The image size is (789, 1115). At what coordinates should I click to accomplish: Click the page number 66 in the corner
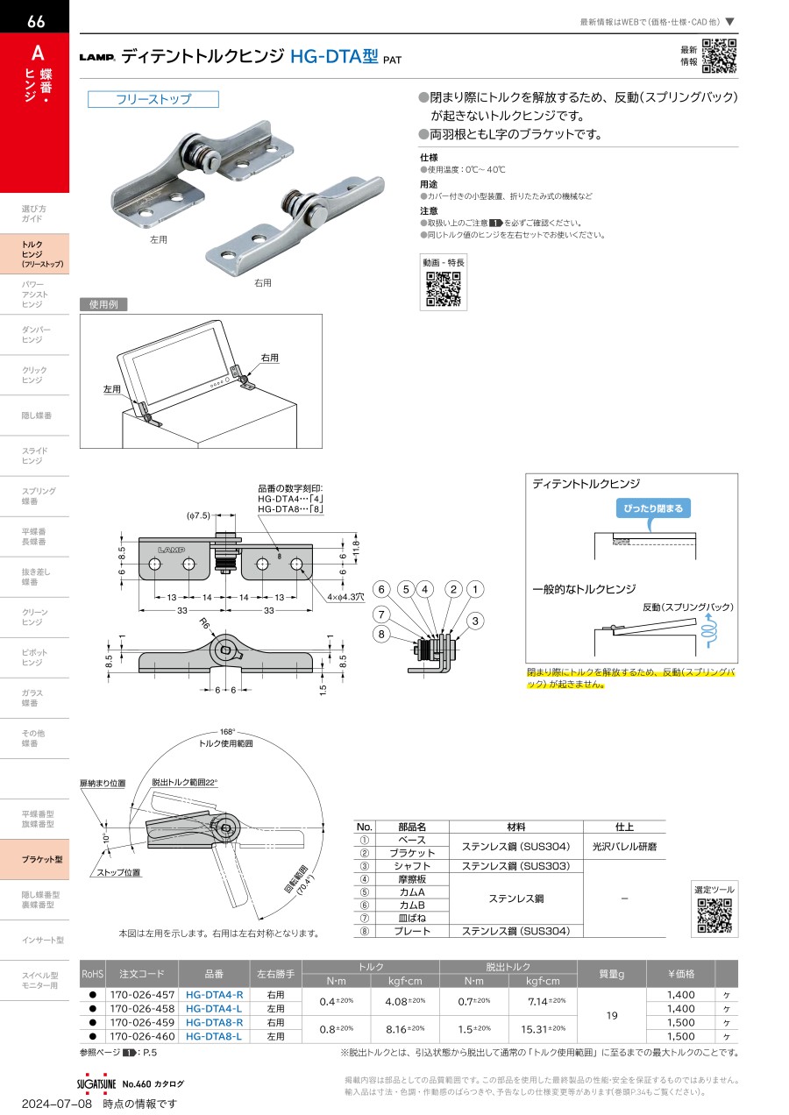(x=36, y=22)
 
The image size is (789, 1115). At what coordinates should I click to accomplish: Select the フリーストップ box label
(x=153, y=99)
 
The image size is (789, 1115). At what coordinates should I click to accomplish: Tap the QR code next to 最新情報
(x=719, y=56)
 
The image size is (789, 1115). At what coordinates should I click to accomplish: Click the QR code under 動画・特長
(x=444, y=290)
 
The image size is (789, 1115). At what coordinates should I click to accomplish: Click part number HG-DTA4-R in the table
(x=215, y=995)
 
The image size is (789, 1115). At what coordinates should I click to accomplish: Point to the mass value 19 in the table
(x=612, y=1015)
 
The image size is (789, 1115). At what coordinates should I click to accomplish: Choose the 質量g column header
(x=612, y=974)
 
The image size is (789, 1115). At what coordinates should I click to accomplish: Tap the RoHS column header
(x=92, y=974)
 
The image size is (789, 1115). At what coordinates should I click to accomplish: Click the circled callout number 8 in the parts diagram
(x=381, y=634)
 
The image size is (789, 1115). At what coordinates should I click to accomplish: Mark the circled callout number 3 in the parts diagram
(x=475, y=621)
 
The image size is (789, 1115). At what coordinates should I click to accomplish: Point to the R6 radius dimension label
(x=204, y=622)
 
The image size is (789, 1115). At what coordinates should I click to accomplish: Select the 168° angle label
(x=226, y=731)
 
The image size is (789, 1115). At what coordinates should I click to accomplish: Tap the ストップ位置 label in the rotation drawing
(x=118, y=873)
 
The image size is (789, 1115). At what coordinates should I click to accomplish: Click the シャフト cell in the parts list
(x=411, y=866)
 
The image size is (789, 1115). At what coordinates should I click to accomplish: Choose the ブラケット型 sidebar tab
(x=42, y=860)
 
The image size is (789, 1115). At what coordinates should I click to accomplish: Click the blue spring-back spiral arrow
(x=711, y=628)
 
